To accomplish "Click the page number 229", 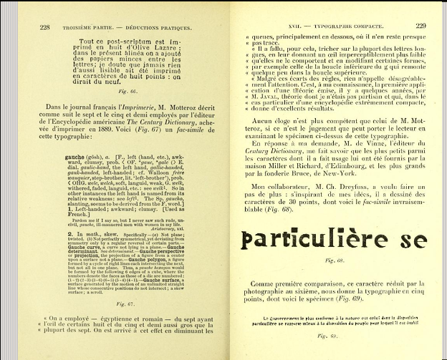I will pyautogui.click(x=420, y=26).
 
